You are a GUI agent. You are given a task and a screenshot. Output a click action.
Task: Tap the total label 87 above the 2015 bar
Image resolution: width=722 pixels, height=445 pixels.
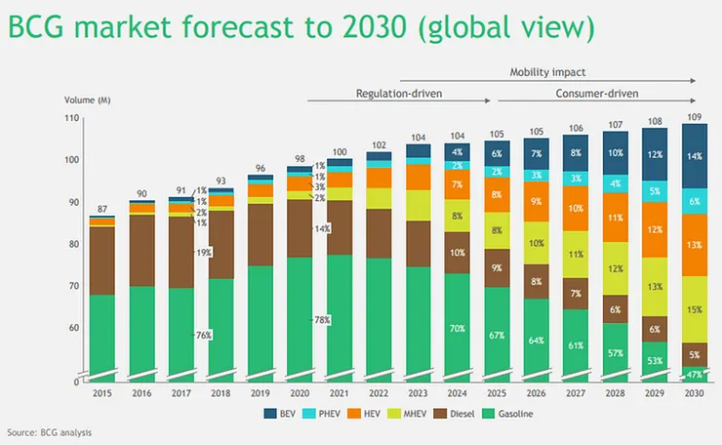(100, 209)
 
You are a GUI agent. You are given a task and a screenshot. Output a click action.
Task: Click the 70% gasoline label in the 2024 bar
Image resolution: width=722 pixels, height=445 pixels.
(458, 330)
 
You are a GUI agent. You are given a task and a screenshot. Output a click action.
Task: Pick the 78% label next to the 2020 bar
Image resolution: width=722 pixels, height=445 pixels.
(320, 320)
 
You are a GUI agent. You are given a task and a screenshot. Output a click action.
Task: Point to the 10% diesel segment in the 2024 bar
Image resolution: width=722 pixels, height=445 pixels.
(458, 252)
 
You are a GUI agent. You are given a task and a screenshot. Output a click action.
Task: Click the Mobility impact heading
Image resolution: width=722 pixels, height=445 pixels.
(548, 72)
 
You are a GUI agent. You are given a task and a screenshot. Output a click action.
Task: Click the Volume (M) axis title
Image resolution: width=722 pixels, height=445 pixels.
(87, 100)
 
